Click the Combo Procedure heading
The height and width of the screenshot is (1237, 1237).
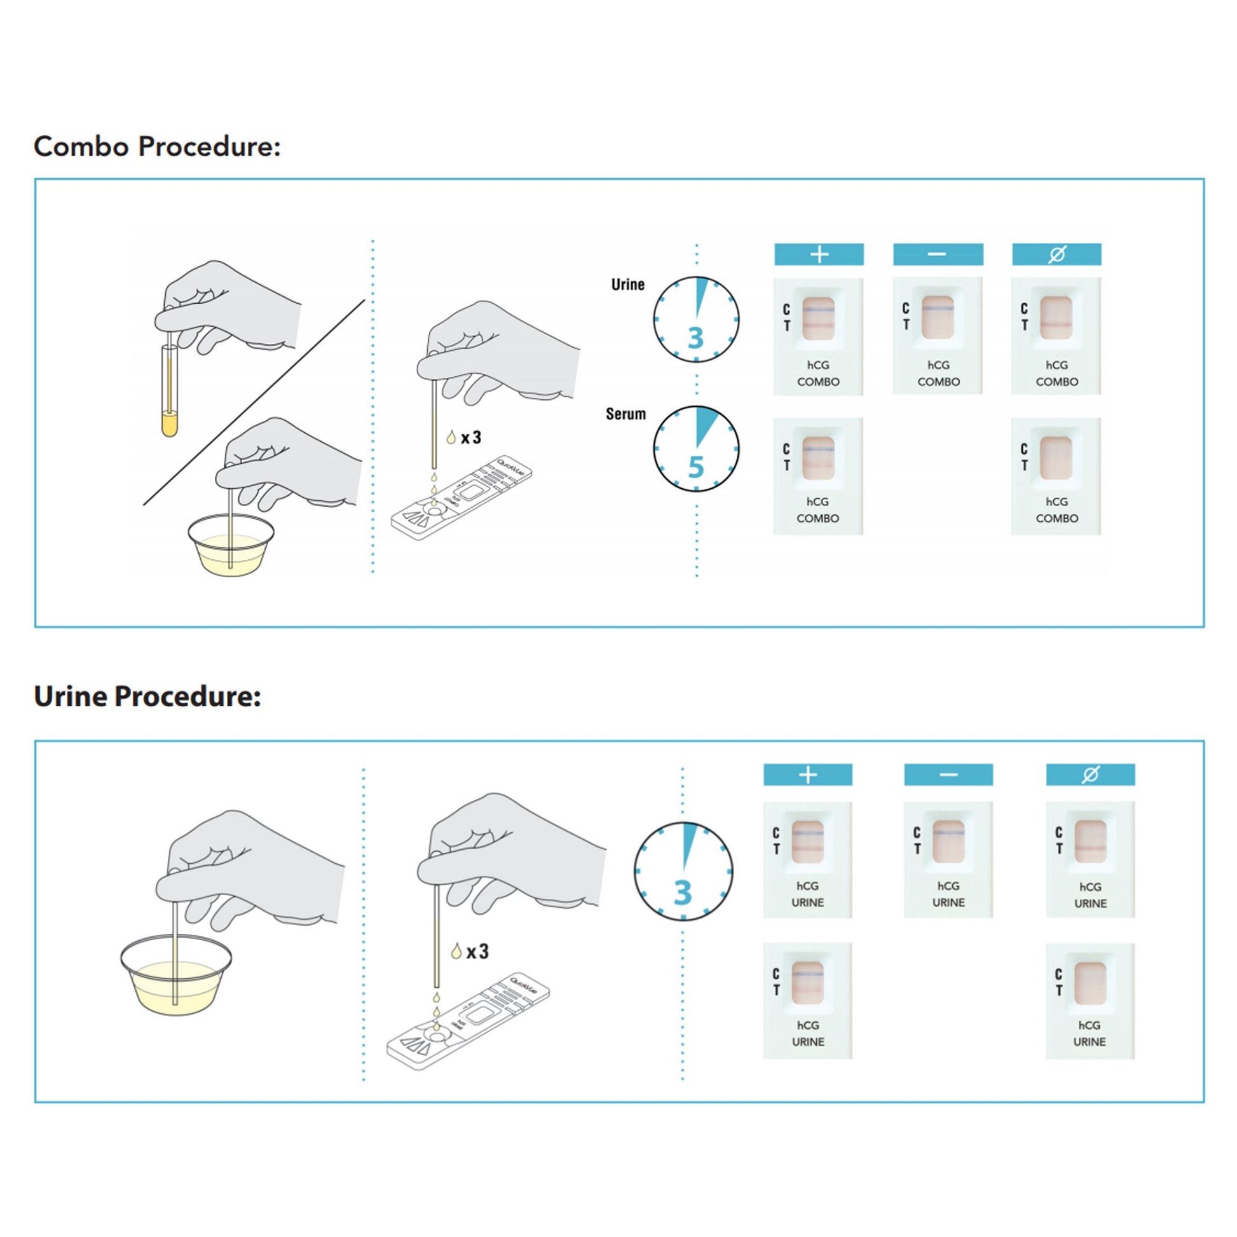coord(157,147)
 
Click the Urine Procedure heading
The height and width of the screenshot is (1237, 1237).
coord(147,697)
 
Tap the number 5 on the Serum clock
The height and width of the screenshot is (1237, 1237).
coord(696,467)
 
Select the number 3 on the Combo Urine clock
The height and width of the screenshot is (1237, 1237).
coord(696,338)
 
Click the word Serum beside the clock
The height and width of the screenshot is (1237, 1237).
coord(625,414)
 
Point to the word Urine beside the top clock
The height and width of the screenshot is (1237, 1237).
coord(627,284)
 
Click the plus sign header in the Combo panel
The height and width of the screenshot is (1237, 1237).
coord(819,254)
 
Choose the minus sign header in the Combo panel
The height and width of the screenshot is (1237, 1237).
coord(938,254)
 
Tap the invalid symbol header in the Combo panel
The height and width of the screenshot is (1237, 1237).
coord(1056,254)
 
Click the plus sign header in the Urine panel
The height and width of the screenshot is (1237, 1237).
coord(807,775)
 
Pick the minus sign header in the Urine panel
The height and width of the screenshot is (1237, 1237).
coord(948,775)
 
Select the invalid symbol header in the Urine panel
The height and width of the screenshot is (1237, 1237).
coord(1090,775)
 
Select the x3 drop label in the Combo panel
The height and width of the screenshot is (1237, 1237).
coord(470,438)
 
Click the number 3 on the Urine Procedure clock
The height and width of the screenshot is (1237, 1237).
coord(683,892)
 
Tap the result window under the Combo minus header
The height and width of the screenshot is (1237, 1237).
coord(938,318)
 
